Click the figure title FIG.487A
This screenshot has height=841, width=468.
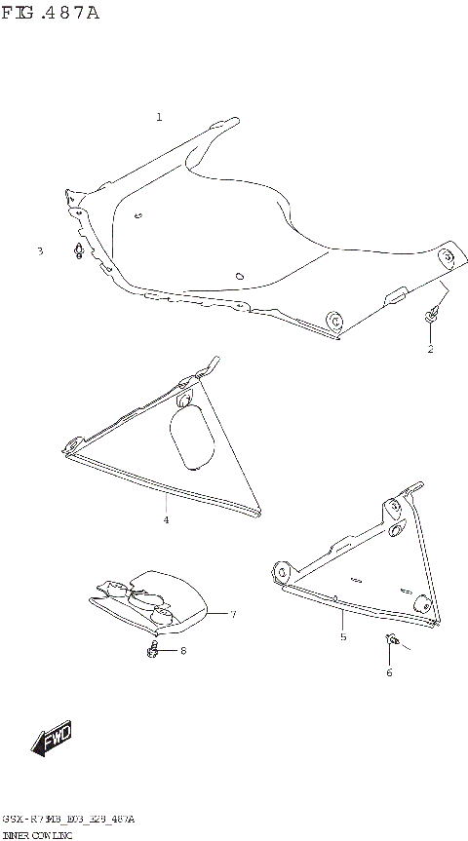point(50,13)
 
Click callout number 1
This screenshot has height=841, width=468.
point(159,117)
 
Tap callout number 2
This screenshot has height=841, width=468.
point(430,349)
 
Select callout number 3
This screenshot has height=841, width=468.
point(40,251)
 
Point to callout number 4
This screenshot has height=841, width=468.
point(166,520)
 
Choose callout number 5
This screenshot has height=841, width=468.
point(343,637)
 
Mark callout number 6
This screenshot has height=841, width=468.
point(389,672)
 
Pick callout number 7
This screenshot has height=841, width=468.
point(233,614)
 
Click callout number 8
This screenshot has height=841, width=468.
point(182,650)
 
